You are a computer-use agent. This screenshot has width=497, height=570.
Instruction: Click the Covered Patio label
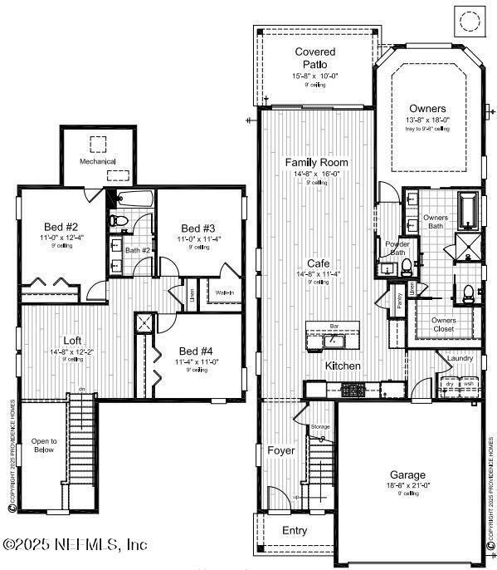(315, 58)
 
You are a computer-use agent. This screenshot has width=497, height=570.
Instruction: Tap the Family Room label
(316, 162)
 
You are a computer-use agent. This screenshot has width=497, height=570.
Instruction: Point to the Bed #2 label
(61, 227)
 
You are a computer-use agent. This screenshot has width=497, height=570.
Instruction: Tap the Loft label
(72, 340)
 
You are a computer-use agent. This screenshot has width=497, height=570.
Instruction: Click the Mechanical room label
(98, 161)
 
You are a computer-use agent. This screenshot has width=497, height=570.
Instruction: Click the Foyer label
(280, 450)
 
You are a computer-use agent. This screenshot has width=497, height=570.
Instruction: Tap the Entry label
(295, 529)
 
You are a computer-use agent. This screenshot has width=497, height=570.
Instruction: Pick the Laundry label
(460, 358)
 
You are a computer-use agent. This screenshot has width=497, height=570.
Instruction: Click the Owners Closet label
(443, 323)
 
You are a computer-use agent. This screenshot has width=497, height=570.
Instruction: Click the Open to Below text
(44, 445)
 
